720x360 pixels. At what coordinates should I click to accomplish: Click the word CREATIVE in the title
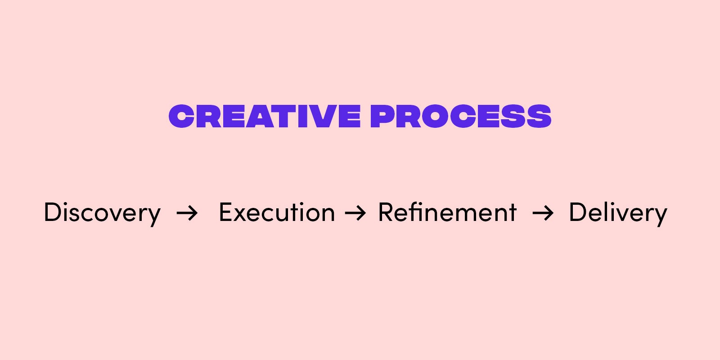(265, 116)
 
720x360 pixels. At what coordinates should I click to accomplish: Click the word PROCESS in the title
(461, 116)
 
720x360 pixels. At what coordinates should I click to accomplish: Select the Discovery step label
(102, 212)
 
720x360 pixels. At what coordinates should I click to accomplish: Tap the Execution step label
(277, 212)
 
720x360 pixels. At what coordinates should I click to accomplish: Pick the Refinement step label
(447, 212)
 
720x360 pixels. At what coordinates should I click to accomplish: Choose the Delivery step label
(618, 212)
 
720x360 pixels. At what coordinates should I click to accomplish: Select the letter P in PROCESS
(383, 116)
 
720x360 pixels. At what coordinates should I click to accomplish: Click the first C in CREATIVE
(182, 116)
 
